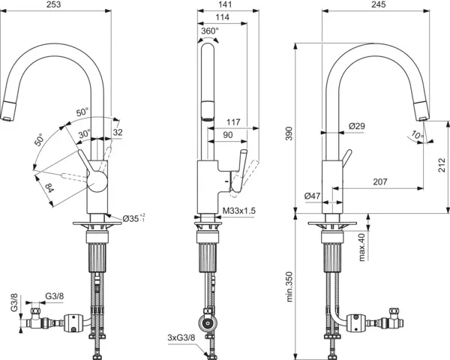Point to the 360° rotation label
(x=210, y=31)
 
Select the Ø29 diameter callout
(x=358, y=127)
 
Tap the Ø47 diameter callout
(x=313, y=196)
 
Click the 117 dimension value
(x=232, y=121)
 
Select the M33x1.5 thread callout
(x=239, y=212)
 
